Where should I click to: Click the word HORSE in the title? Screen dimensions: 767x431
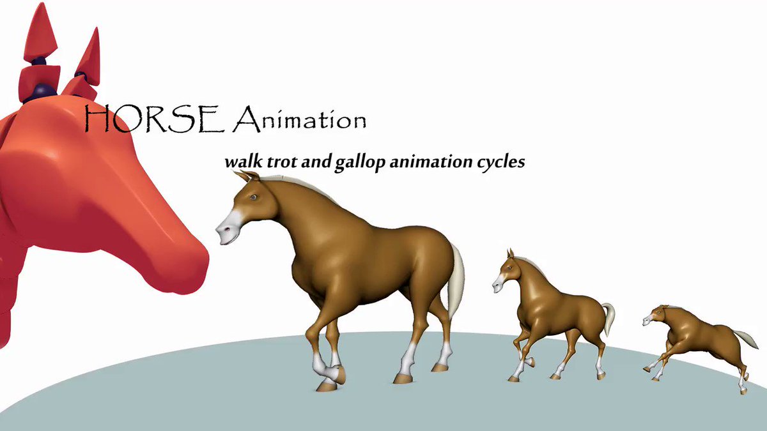(155, 118)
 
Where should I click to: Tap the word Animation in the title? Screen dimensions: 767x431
(300, 118)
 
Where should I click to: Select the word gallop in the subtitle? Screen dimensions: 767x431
(360, 162)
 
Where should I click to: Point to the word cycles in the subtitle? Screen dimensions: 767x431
(501, 162)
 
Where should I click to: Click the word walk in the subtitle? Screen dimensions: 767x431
(244, 162)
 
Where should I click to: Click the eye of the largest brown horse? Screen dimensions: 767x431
(252, 197)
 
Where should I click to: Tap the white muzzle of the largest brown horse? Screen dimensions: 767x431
(229, 227)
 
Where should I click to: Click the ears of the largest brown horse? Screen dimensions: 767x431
(247, 176)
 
